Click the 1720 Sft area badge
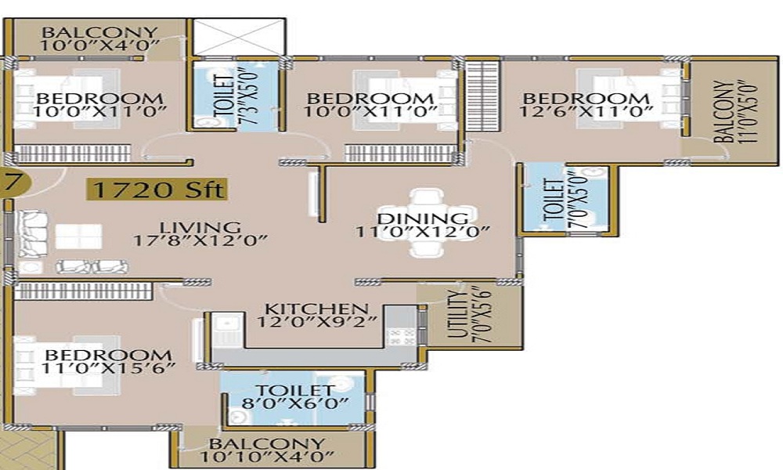tap(157, 190)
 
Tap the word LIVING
tap(200, 228)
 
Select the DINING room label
tap(423, 219)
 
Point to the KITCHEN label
tap(316, 309)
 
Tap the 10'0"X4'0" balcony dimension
tap(99, 45)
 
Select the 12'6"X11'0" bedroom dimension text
tap(586, 111)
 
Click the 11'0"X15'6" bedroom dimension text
tap(108, 368)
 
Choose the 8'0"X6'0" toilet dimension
tap(294, 403)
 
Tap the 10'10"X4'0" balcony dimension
tap(266, 456)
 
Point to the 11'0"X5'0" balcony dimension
tap(748, 112)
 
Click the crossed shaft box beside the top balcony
tap(239, 37)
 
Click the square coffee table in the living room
tap(78, 237)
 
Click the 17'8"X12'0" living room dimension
tap(200, 240)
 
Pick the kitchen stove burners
tap(401, 335)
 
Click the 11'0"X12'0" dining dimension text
tap(422, 232)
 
